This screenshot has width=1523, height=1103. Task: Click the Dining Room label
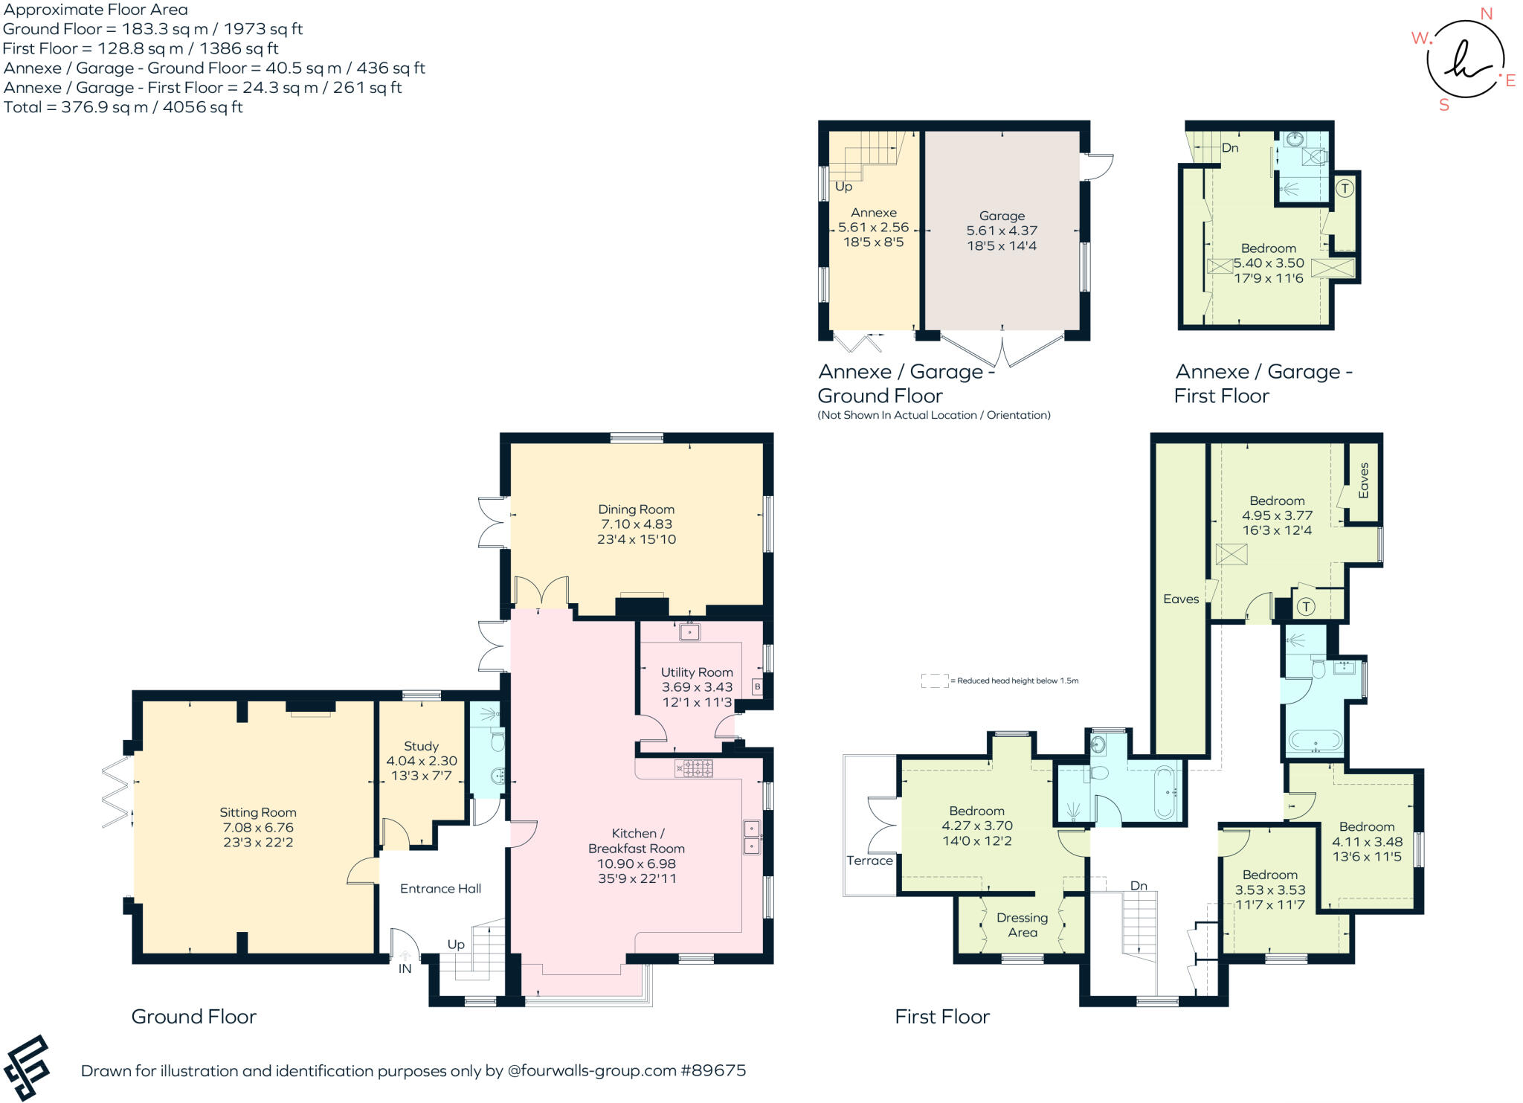[x=636, y=509]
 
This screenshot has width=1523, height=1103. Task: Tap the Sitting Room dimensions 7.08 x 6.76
[x=258, y=828]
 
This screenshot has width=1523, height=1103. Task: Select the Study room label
[x=421, y=746]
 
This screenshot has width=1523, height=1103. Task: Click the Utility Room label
[x=697, y=672]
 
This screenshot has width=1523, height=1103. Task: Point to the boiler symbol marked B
[x=757, y=686]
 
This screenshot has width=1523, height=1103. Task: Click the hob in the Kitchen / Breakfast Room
[x=694, y=768]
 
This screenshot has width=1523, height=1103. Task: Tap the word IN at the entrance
[x=405, y=968]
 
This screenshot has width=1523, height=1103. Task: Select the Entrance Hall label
[x=440, y=889]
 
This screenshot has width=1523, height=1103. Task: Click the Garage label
[x=1002, y=216]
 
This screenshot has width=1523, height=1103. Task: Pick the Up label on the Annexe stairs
[x=843, y=187]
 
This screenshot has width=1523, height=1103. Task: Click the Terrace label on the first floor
[x=869, y=861]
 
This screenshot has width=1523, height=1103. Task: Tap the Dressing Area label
[x=1023, y=925]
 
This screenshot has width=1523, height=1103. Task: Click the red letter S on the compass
[x=1444, y=105]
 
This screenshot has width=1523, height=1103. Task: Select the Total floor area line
[x=123, y=107]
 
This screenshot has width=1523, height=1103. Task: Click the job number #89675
[x=713, y=1071]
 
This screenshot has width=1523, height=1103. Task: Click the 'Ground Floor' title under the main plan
[x=193, y=1017]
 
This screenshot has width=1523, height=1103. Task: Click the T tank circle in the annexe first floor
[x=1345, y=188]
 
